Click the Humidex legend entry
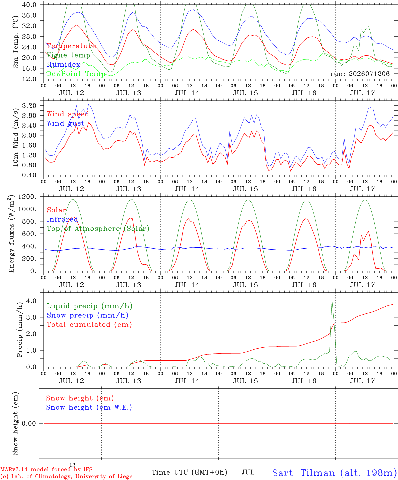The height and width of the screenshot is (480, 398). (63, 64)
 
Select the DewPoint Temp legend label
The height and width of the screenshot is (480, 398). (76, 74)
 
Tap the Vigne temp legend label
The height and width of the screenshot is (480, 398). (68, 55)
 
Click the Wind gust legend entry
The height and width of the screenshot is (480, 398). (65, 123)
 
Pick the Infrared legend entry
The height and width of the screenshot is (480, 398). (62, 219)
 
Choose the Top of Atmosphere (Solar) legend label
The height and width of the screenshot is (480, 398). (98, 229)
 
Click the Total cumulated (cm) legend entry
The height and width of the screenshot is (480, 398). (89, 325)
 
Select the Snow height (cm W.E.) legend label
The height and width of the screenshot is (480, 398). (89, 407)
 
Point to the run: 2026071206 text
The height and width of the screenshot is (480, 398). (360, 74)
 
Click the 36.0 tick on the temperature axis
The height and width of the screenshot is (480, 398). (29, 15)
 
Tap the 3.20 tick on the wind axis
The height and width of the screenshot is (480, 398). (29, 106)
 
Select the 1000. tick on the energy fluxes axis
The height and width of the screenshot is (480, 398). (27, 209)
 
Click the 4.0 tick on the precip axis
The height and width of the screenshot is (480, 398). (31, 301)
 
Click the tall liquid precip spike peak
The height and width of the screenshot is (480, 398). (332, 299)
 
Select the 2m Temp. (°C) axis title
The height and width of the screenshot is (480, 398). (15, 42)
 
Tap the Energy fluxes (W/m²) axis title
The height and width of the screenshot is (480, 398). (11, 234)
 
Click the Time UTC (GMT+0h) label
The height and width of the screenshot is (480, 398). (189, 472)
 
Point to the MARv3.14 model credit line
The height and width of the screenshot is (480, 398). (46, 469)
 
